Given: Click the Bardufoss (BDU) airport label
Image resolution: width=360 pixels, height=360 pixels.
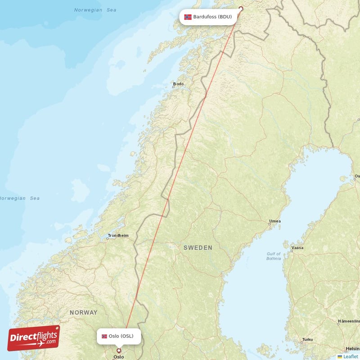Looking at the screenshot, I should click(x=207, y=17).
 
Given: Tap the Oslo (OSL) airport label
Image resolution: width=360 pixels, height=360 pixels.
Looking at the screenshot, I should click(x=118, y=336).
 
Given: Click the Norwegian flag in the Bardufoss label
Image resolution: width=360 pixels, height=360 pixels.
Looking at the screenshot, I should click(x=188, y=17).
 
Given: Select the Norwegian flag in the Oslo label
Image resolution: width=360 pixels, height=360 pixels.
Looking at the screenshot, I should click(x=104, y=336).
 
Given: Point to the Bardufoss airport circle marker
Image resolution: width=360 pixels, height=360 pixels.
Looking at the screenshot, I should click(x=240, y=8).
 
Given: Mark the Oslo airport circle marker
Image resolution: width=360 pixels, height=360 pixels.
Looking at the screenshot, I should click(x=119, y=351).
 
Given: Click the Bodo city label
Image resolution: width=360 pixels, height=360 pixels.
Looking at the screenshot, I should click(x=179, y=84).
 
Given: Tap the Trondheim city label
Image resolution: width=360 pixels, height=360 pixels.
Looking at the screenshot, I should click(x=118, y=235).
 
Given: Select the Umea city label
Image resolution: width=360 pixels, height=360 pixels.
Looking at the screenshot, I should click(x=274, y=221).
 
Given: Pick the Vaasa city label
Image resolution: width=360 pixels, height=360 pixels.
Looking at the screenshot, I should click(x=297, y=247).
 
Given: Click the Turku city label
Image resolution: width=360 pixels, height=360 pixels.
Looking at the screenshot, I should click(x=308, y=339).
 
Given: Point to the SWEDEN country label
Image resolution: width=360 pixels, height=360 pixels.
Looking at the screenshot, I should click(x=198, y=248).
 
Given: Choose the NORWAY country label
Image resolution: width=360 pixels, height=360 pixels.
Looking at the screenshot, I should click(x=83, y=312).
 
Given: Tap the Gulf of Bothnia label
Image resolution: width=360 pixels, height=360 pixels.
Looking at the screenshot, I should click(x=273, y=256).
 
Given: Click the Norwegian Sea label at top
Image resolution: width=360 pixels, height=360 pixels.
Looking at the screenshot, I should click(x=95, y=10).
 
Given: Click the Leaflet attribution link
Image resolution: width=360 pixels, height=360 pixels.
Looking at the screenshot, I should click(x=351, y=356).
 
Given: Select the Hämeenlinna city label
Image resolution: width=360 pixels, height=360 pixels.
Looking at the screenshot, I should click(x=348, y=322).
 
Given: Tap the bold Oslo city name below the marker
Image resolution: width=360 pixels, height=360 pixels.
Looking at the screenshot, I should click(x=118, y=357).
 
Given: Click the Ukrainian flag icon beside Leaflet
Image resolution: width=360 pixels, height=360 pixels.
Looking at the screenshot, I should click(x=340, y=356).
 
